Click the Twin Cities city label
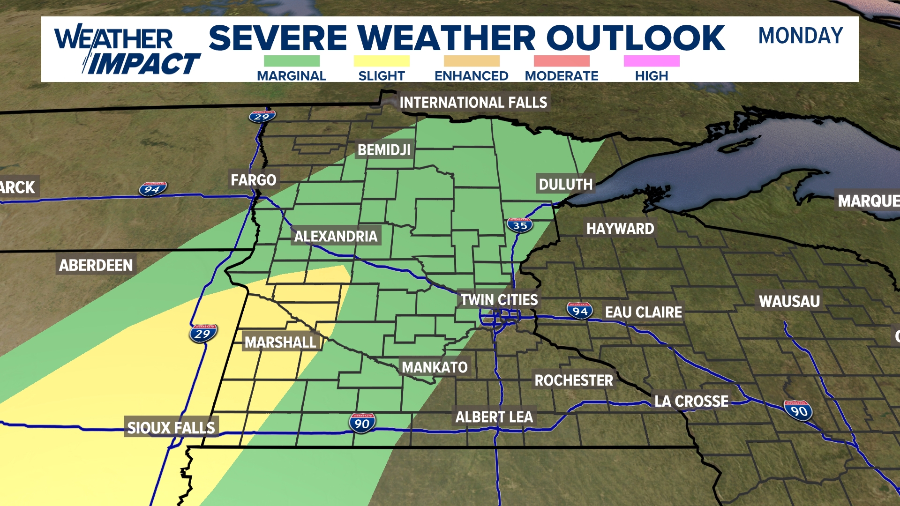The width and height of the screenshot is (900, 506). [499, 300]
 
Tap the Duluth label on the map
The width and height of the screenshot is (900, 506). [565, 185]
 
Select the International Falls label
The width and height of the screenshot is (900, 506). [473, 103]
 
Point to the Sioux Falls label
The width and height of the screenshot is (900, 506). [171, 428]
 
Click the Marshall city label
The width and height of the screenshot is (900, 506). [280, 342]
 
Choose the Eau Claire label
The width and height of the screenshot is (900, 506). [643, 313]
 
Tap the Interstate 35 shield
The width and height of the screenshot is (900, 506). [520, 225]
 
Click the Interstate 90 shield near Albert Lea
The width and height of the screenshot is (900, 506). [361, 424]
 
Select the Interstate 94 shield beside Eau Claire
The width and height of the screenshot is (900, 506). [579, 311]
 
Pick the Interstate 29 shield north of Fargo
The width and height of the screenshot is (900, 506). [262, 116]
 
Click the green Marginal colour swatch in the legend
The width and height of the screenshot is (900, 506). [292, 61]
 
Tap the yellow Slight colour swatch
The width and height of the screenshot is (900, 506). [382, 61]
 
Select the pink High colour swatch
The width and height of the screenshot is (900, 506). [652, 61]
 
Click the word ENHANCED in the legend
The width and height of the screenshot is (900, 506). [471, 76]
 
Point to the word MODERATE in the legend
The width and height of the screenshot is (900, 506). [562, 76]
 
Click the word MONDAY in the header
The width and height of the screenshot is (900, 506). [801, 36]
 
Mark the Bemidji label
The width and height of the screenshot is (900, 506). [384, 150]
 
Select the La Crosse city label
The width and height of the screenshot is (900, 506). [691, 402]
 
